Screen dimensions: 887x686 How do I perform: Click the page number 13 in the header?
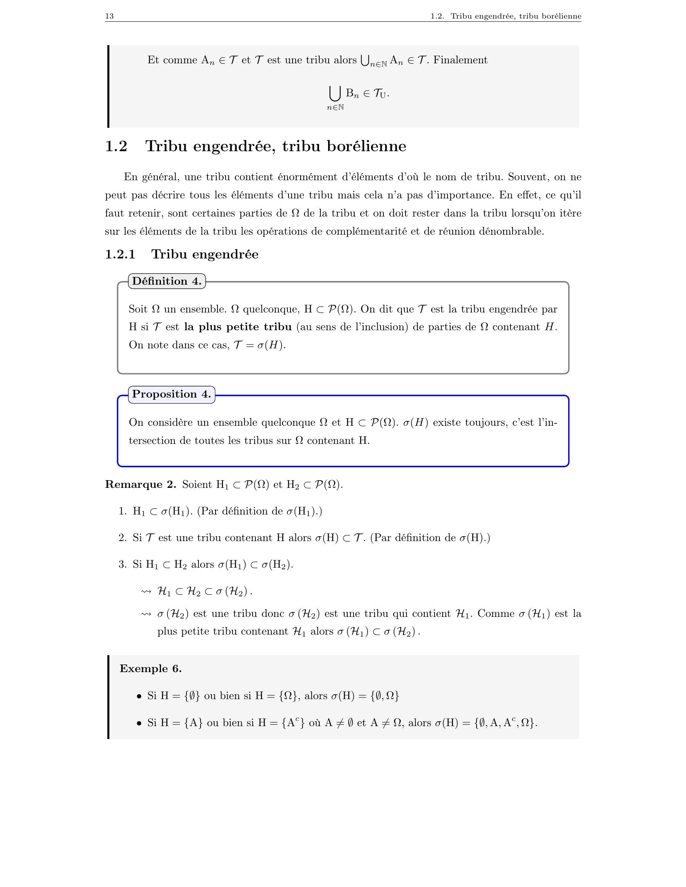click(109, 16)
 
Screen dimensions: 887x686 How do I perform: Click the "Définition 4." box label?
click(167, 281)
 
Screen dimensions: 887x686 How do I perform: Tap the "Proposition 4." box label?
click(171, 394)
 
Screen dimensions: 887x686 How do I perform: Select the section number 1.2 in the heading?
click(116, 146)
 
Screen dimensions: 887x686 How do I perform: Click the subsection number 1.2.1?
click(120, 254)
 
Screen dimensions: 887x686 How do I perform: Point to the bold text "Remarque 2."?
click(140, 484)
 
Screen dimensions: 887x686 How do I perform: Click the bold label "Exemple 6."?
click(151, 668)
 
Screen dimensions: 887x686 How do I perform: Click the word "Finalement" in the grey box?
click(460, 60)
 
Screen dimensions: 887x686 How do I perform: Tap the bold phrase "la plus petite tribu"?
click(238, 327)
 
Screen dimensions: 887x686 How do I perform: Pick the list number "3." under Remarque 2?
click(123, 564)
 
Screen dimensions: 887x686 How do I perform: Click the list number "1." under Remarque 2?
click(123, 511)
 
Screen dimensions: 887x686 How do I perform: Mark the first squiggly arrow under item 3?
click(146, 592)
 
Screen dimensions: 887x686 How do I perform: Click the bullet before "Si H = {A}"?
click(139, 723)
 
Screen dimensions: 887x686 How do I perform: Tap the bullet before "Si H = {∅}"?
click(139, 697)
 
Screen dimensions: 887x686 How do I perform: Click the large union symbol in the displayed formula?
click(335, 94)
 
